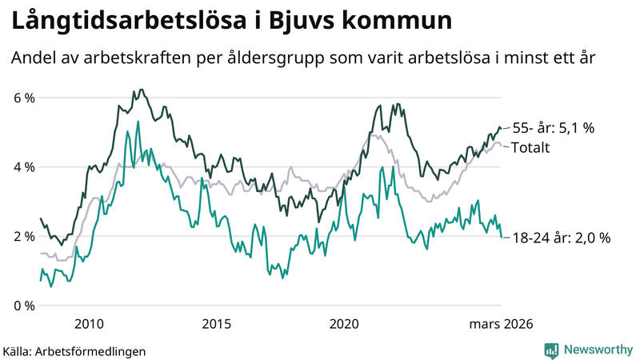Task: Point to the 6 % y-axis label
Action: coord(24,98)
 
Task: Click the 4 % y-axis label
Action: coord(24,167)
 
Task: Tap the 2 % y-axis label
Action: coord(24,237)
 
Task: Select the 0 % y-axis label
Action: coord(24,306)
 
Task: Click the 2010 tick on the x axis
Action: coord(89,323)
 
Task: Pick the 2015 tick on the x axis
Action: coord(216,323)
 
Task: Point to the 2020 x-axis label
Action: coord(344,323)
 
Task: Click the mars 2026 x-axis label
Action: coord(501,323)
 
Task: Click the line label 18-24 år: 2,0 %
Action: coord(561,238)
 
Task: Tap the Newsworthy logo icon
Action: coord(552,350)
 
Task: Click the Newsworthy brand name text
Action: coord(596,350)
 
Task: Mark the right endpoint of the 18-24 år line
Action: coord(501,237)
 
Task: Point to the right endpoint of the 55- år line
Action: coord(501,128)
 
